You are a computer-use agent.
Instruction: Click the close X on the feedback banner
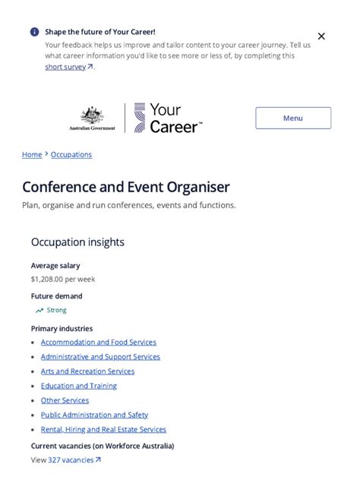(x=321, y=36)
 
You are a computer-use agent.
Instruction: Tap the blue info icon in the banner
(x=34, y=32)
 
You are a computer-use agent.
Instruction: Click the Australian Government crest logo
(x=92, y=118)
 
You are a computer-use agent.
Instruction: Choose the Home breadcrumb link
(x=32, y=154)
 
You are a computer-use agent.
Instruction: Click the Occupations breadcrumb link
(x=71, y=154)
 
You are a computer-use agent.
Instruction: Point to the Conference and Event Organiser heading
(x=126, y=187)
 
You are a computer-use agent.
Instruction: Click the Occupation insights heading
(x=77, y=242)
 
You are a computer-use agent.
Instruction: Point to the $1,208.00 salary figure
(x=63, y=279)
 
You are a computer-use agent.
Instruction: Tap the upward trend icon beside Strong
(x=39, y=311)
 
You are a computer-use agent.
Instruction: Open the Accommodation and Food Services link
(x=99, y=343)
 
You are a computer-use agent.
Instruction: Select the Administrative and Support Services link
(x=100, y=357)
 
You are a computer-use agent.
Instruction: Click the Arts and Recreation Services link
(x=87, y=371)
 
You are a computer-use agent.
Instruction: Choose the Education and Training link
(x=79, y=386)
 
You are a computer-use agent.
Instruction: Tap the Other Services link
(x=65, y=400)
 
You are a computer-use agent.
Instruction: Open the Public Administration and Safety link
(x=94, y=415)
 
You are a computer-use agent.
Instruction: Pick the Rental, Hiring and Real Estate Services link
(x=103, y=429)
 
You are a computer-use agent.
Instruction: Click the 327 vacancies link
(x=74, y=459)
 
